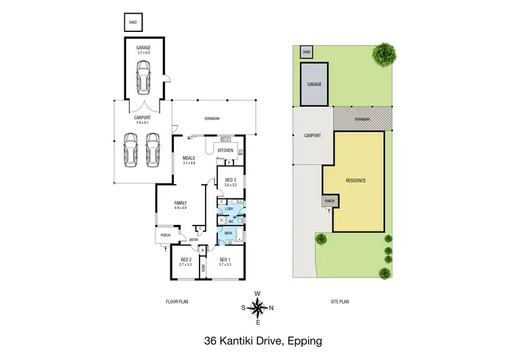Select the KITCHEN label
coord(225,150)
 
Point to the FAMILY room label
coord(180,203)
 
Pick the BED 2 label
coord(185,260)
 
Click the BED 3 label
coord(229,181)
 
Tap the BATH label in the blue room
coord(228,233)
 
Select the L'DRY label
coord(229,209)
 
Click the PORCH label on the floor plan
coord(165,236)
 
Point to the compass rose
coord(257,308)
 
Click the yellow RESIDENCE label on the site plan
coord(356,181)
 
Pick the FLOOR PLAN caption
coord(176,302)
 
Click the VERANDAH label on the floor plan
coord(212,119)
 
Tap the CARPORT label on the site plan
coord(312,135)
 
